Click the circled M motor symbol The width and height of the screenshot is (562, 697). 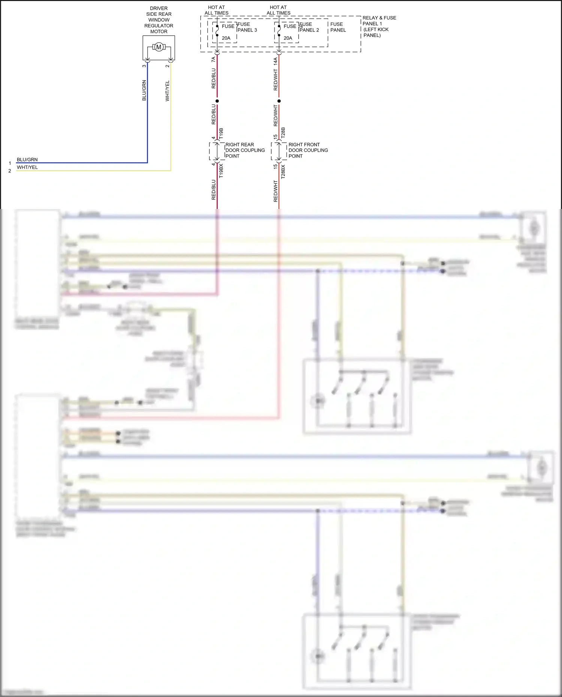point(158,47)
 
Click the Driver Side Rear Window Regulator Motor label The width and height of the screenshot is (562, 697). point(159,20)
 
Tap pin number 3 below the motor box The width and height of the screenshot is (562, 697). point(144,66)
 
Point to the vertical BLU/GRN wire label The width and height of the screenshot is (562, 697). point(144,90)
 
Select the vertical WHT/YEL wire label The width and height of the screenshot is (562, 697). point(167,91)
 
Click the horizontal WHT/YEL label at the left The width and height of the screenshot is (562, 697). point(27,167)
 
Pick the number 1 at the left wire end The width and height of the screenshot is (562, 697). point(10,163)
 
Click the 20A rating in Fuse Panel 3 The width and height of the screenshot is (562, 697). point(226,38)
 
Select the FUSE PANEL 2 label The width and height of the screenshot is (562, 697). point(309,27)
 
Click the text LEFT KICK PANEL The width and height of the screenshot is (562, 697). point(376,32)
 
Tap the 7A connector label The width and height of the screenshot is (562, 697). point(214,59)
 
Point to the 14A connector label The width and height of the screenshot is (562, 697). point(275,61)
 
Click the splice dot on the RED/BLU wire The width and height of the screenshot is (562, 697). point(217,101)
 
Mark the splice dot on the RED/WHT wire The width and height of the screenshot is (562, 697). point(279,101)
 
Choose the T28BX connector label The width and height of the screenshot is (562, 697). point(283,171)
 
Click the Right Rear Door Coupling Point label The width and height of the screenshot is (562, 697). point(245,150)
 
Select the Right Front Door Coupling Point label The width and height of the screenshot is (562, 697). point(308,150)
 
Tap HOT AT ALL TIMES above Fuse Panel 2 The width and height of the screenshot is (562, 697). point(278,10)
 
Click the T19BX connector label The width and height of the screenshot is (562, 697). point(221,170)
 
